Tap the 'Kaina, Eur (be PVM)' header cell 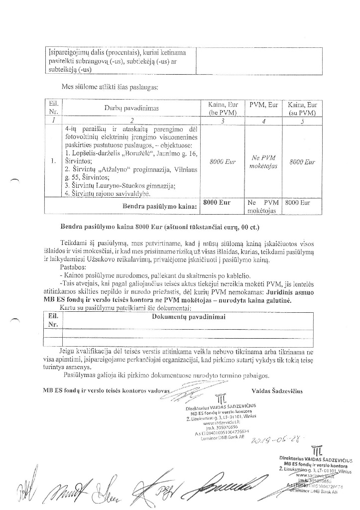223,109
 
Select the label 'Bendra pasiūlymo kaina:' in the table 159,205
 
